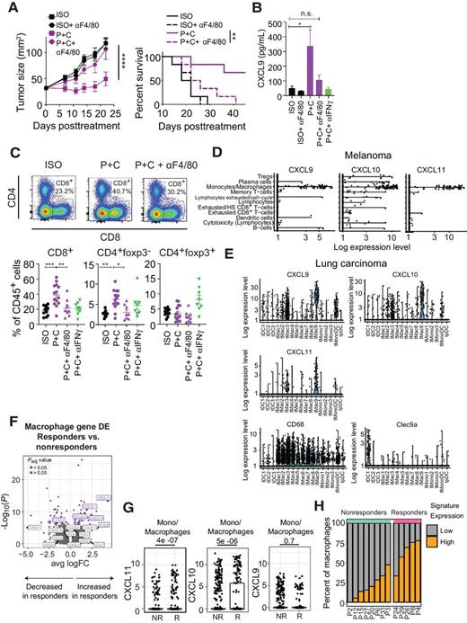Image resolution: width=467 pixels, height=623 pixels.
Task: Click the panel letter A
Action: click(8, 8)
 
